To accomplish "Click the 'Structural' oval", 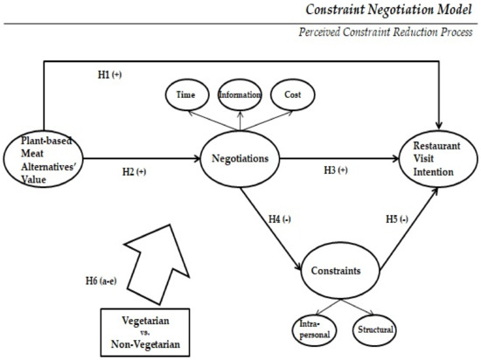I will [374, 329].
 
